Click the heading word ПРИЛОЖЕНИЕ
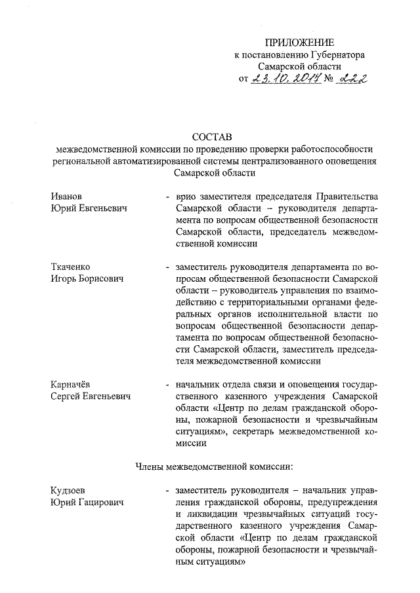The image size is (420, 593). pos(304,43)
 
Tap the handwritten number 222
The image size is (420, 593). pos(350,79)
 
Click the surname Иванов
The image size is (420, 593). pos(66,197)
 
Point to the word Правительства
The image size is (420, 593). pos(345,197)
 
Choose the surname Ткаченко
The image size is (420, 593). pos(70,267)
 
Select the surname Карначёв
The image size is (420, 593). pos(72,384)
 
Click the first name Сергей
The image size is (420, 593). pos(66,396)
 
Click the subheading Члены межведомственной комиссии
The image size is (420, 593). pos(213,467)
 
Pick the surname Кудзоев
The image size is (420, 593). pos(68,490)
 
